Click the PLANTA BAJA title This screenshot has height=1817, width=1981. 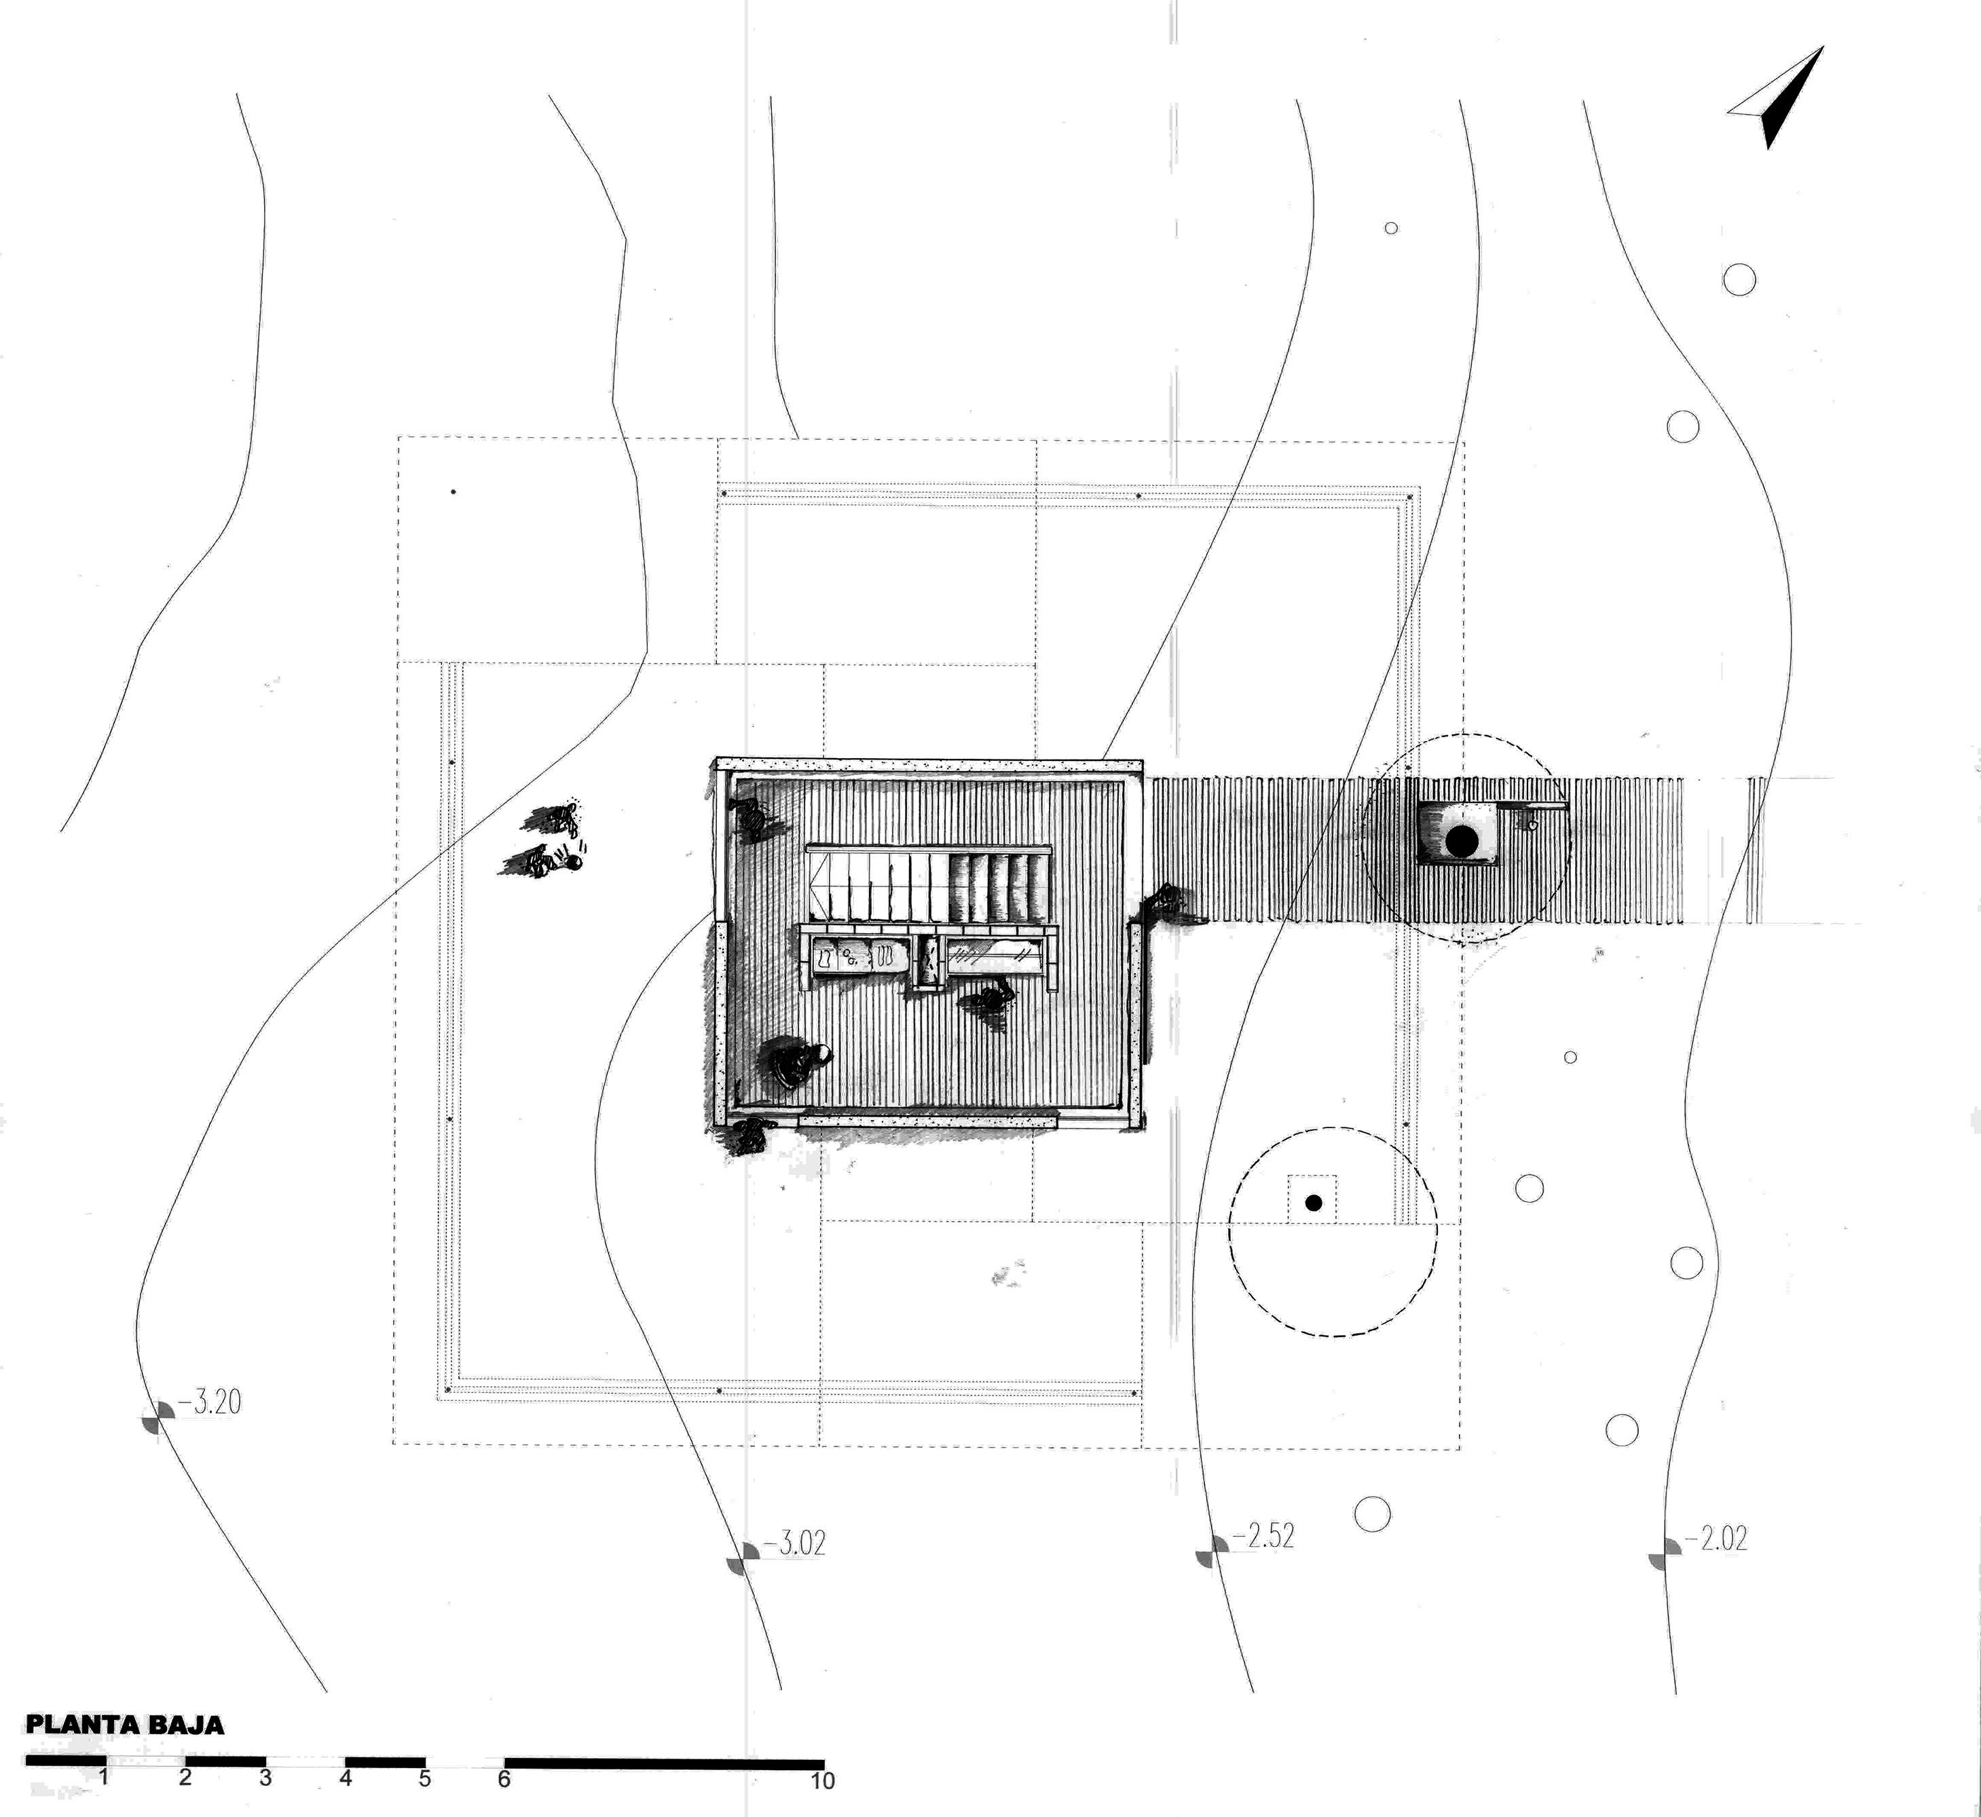click(125, 1725)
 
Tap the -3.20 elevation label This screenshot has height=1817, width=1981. click(210, 1402)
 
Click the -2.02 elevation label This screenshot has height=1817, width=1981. click(1716, 1538)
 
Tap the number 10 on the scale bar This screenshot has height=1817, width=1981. click(822, 1780)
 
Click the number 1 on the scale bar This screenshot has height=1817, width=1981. click(103, 1777)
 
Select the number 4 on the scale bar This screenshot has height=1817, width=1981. click(346, 1778)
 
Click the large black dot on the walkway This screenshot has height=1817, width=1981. click(1461, 841)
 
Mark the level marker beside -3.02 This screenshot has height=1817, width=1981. click(743, 1558)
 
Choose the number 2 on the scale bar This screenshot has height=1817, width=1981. click(185, 1777)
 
